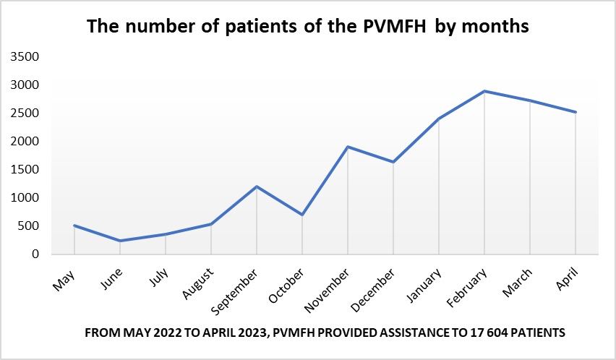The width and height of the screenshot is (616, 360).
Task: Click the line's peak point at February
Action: [484, 91]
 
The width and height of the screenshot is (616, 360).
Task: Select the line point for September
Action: [257, 187]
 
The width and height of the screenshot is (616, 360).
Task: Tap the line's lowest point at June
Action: [120, 241]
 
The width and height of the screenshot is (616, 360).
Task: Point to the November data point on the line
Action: [348, 147]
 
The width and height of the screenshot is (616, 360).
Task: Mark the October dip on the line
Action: [302, 215]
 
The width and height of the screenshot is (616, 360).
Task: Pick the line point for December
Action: [393, 162]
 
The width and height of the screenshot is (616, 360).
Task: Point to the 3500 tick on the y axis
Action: [26, 57]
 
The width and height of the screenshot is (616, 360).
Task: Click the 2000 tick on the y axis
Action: [26, 142]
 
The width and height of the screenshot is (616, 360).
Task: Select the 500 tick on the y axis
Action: [30, 226]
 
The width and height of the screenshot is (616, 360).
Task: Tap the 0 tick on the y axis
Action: [35, 254]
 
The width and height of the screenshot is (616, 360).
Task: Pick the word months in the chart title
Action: [496, 27]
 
